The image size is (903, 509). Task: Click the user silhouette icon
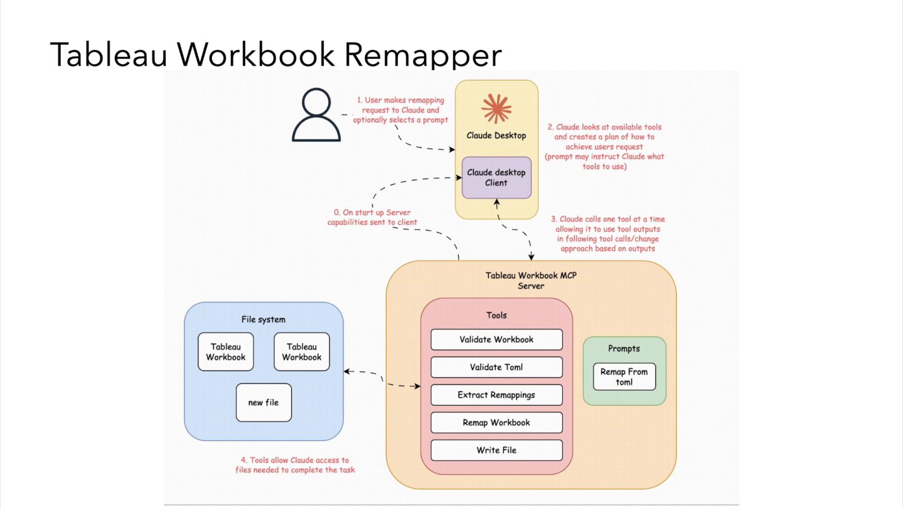point(316,115)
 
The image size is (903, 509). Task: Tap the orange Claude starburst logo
point(496,109)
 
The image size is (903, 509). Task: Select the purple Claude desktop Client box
point(496,178)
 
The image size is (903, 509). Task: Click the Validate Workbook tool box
point(496,339)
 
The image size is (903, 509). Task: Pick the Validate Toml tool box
point(496,367)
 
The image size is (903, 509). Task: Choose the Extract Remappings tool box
point(496,395)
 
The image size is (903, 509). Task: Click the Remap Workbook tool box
point(496,422)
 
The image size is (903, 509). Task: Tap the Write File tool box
point(496,450)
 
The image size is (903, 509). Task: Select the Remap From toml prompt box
point(624,377)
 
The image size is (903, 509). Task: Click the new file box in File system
point(264,403)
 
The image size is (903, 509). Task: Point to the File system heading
point(264,320)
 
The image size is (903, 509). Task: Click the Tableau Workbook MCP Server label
point(531,280)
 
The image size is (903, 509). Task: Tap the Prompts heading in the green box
point(624,349)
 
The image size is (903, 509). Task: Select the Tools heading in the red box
point(496,315)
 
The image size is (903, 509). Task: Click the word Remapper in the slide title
point(423,54)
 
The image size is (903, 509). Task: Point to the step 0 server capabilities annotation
point(372,218)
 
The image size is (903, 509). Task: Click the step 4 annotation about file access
point(295,465)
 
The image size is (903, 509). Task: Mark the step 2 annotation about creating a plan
point(604,146)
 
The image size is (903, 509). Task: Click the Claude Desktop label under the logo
point(496,135)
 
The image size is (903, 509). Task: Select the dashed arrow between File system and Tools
point(382,378)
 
